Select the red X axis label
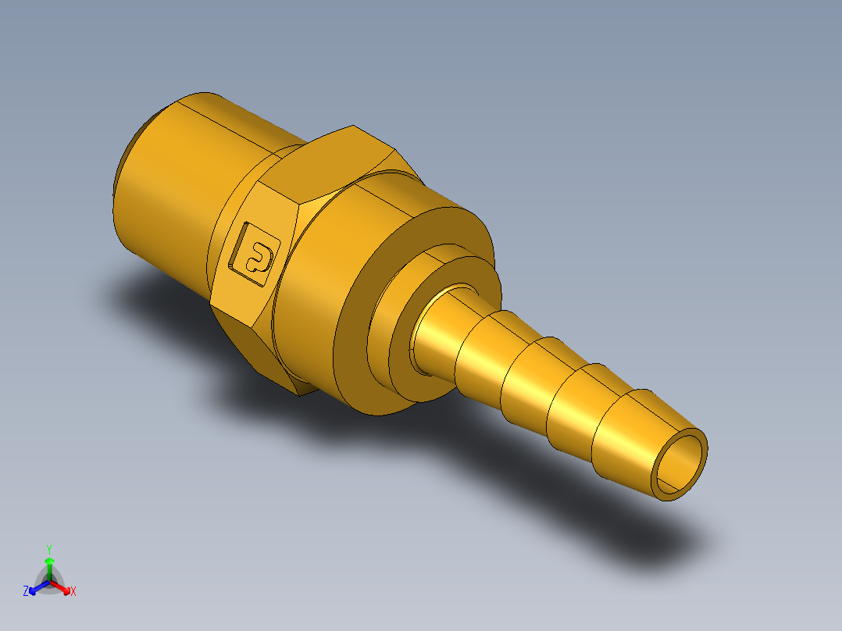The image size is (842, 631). (x=73, y=591)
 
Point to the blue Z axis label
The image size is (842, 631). (x=26, y=591)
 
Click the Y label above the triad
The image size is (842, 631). (x=49, y=548)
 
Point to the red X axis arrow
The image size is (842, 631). (x=64, y=586)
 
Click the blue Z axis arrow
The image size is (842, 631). (x=35, y=586)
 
